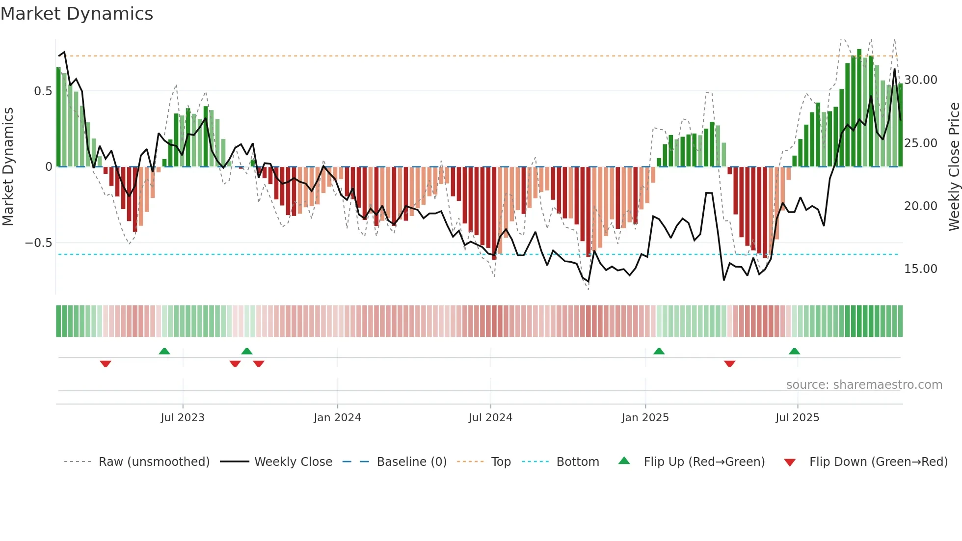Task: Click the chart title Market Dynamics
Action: click(77, 14)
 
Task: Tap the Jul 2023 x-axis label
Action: click(183, 418)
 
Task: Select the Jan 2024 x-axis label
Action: click(337, 418)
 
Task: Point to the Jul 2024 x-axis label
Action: click(490, 418)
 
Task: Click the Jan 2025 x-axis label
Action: click(645, 418)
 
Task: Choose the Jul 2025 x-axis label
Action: click(797, 418)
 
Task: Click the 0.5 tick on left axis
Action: click(43, 91)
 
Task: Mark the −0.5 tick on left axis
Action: click(38, 243)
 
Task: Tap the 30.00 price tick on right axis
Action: click(920, 80)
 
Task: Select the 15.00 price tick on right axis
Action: click(920, 269)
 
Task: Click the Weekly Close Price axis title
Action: click(954, 167)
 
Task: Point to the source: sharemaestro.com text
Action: click(864, 385)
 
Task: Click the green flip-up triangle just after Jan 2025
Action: click(659, 352)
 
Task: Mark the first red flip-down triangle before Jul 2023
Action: click(106, 363)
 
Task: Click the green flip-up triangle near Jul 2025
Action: click(794, 352)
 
